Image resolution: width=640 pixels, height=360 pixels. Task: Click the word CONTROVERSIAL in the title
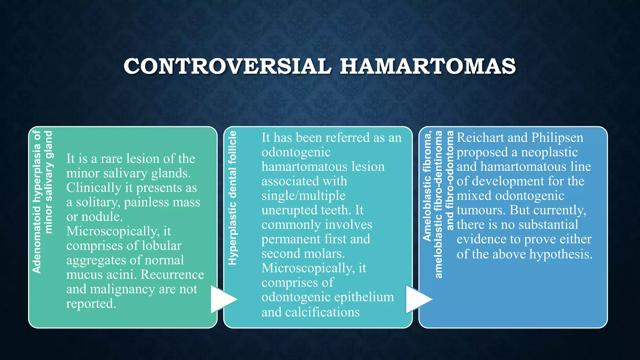coord(227,67)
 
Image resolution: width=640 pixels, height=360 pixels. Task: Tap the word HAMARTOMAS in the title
coord(428,67)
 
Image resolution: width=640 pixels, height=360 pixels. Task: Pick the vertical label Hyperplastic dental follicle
coord(232,198)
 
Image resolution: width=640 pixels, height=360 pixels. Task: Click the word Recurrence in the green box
coord(172,275)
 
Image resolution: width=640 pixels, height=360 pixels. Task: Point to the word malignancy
coord(123,289)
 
